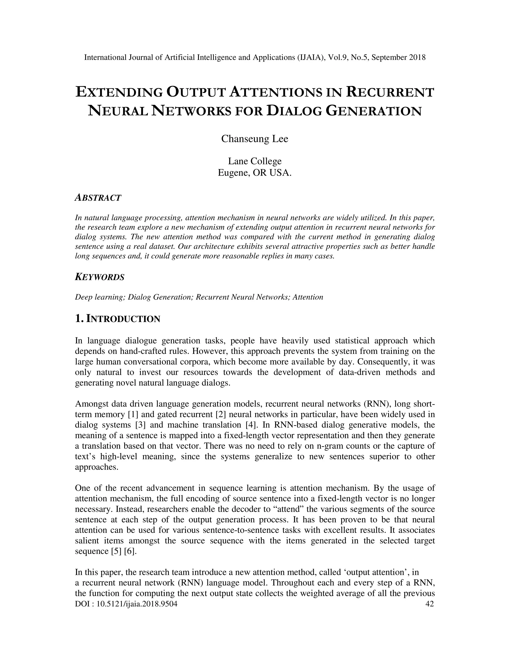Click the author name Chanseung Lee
tap(255, 139)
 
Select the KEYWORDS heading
tap(99, 277)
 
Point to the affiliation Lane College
tap(255, 161)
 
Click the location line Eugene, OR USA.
tap(255, 173)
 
